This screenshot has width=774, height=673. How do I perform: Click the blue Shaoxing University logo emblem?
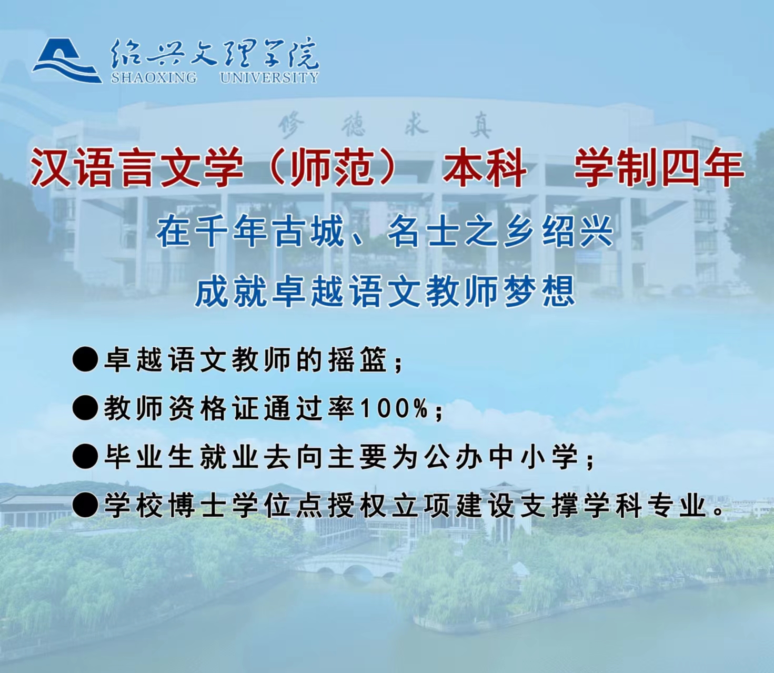(67, 61)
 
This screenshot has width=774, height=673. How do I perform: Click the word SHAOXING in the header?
(154, 77)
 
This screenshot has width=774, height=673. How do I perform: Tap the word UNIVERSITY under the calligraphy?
(269, 77)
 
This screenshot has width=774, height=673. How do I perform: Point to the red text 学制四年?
(659, 167)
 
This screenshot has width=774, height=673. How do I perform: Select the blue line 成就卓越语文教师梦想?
(385, 292)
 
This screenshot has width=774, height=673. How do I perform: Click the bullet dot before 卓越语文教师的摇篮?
(85, 360)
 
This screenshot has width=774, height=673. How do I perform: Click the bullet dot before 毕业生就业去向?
(85, 457)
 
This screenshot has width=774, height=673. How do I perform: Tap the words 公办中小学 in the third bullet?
(501, 457)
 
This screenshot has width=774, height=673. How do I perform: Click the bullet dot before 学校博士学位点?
(85, 505)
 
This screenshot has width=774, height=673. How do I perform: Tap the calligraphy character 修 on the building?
(291, 126)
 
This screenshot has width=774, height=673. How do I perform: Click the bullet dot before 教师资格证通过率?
(85, 409)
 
